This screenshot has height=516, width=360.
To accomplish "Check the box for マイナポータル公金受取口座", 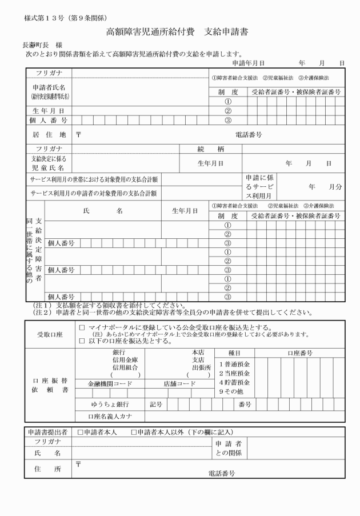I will click(x=82, y=327).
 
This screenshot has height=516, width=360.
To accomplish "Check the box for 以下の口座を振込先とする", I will click(x=82, y=341).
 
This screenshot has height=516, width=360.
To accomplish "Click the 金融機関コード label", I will click(x=110, y=384).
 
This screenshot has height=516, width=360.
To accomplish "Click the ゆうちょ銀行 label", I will click(x=110, y=405).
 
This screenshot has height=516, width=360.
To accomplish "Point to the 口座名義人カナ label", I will click(x=110, y=417).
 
